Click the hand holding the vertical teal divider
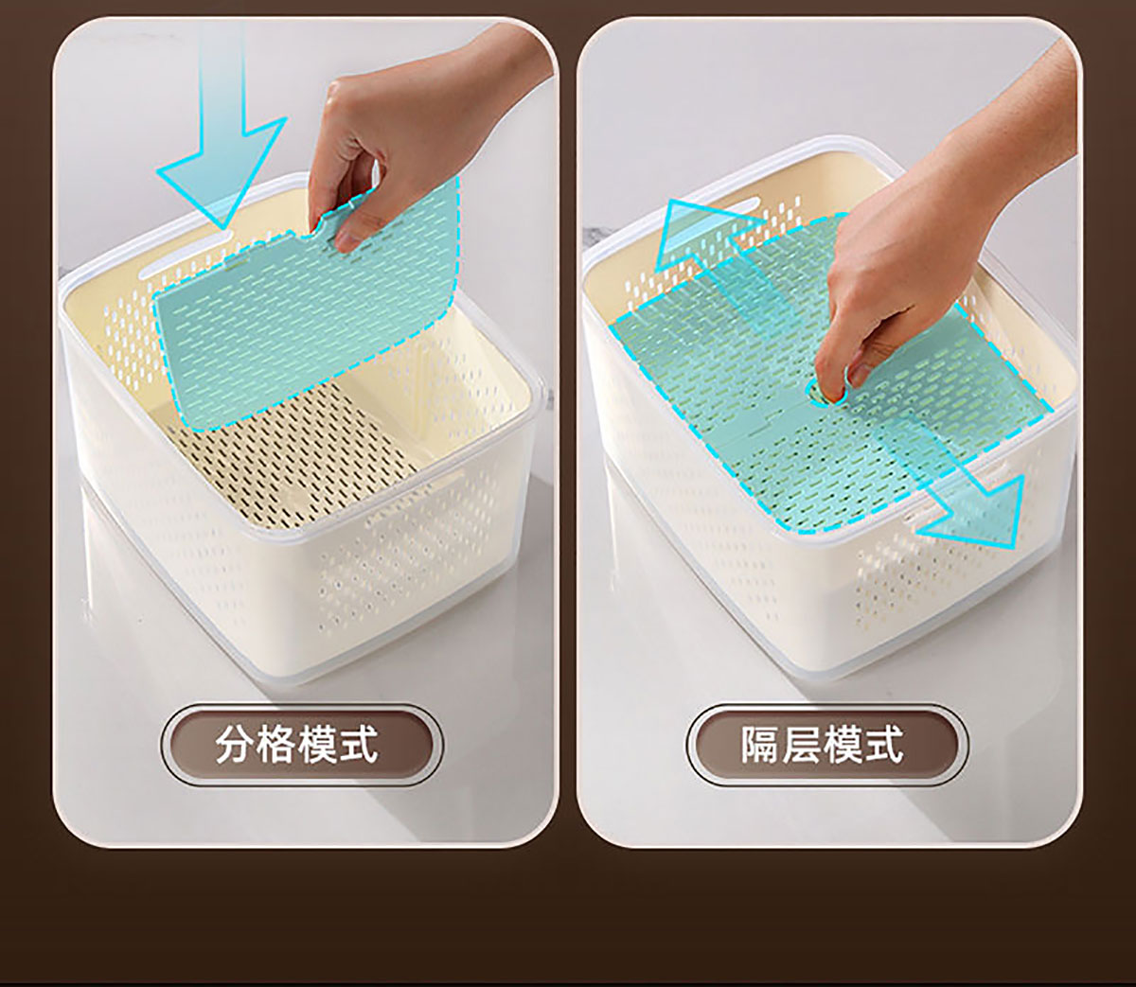(405, 139)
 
